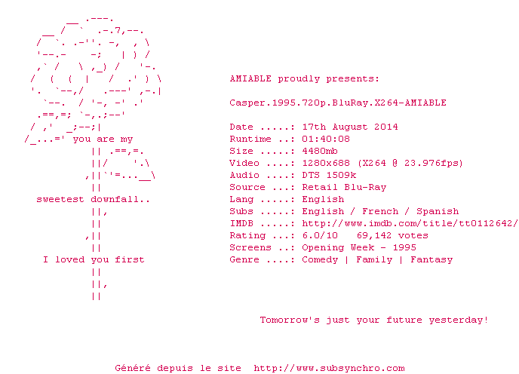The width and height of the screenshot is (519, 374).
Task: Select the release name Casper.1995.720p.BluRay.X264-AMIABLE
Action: tap(338, 103)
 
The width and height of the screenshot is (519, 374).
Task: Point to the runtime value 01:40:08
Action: tap(326, 139)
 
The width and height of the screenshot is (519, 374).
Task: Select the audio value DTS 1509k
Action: tap(329, 175)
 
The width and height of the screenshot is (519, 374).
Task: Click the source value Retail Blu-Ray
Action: tap(344, 187)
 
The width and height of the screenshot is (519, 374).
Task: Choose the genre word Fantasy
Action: tap(431, 259)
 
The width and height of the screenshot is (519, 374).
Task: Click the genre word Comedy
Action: tap(320, 259)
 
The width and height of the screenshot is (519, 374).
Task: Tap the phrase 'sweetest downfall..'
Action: tap(94, 199)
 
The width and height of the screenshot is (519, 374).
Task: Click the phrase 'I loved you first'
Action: tap(94, 259)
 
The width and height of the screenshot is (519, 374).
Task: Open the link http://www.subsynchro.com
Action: tap(329, 368)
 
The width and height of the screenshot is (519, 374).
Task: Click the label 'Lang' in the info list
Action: tap(241, 199)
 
